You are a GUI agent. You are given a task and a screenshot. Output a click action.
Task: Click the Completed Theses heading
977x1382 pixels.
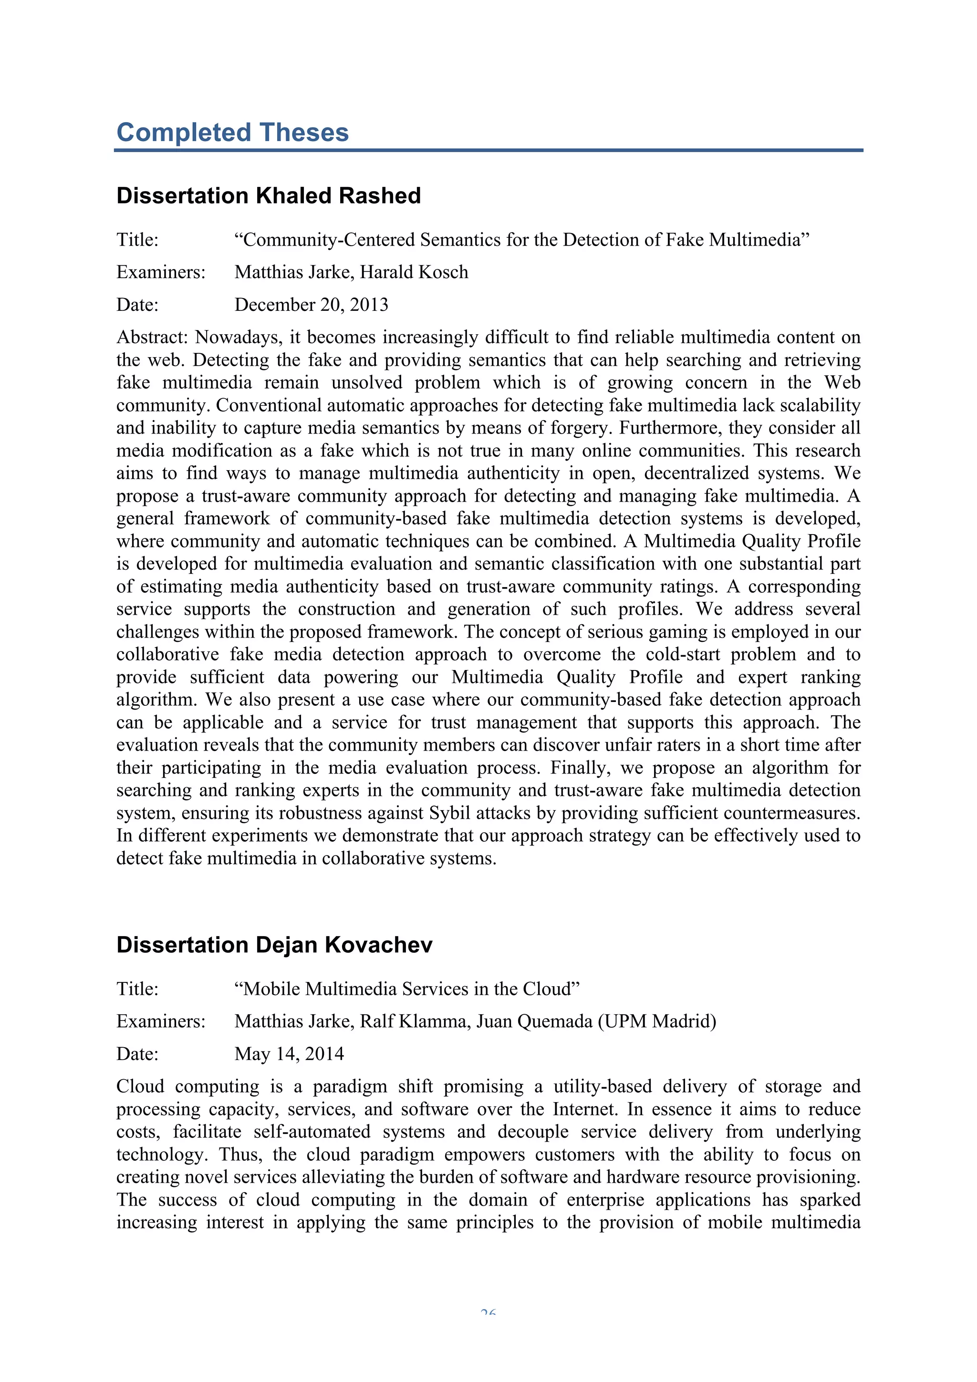[232, 133]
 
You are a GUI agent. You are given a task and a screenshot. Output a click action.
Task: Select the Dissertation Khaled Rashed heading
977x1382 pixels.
[269, 196]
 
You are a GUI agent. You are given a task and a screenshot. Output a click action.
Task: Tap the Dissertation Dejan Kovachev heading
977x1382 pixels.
[274, 945]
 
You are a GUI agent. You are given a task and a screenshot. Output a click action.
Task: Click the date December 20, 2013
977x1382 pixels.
[311, 305]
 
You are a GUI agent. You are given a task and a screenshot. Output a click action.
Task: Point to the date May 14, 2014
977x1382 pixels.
[289, 1054]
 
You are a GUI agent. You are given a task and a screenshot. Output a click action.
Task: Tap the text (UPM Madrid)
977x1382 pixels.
[657, 1021]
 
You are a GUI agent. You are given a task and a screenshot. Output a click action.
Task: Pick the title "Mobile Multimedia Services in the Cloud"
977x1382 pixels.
[406, 989]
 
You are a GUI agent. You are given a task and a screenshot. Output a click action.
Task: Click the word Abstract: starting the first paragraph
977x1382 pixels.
[152, 337]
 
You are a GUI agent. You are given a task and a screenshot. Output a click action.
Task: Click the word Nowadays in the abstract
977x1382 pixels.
[239, 337]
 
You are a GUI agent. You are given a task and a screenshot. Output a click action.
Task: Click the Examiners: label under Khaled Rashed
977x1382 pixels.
[161, 272]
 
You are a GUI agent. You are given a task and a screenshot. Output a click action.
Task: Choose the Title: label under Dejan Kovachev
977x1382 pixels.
[137, 989]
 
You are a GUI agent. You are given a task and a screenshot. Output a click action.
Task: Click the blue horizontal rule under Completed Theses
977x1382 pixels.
[488, 150]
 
